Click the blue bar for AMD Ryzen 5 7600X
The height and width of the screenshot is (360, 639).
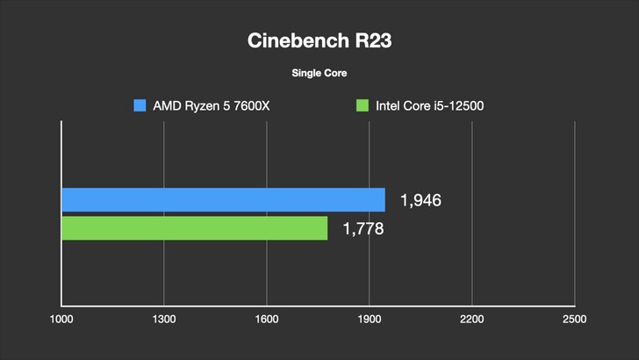coord(223,200)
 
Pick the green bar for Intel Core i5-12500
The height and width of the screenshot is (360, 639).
coord(194,228)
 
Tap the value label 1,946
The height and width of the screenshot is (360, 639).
coord(420,201)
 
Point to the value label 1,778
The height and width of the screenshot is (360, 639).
coord(362,229)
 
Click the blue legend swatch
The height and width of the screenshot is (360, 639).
coord(140,106)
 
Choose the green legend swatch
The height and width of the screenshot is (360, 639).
coord(361,106)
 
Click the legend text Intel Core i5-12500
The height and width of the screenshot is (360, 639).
coord(430,106)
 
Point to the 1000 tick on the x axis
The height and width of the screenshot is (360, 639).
coord(61,318)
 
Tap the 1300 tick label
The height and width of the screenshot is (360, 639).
coord(163,318)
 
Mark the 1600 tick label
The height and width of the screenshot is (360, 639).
coord(266,318)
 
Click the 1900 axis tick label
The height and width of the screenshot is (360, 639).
coord(369,318)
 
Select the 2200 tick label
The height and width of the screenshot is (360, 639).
coord(471,318)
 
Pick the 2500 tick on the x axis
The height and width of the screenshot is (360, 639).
coord(574,318)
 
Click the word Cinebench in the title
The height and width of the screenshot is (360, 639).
coord(293,41)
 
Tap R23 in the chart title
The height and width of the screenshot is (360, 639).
coord(367,41)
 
